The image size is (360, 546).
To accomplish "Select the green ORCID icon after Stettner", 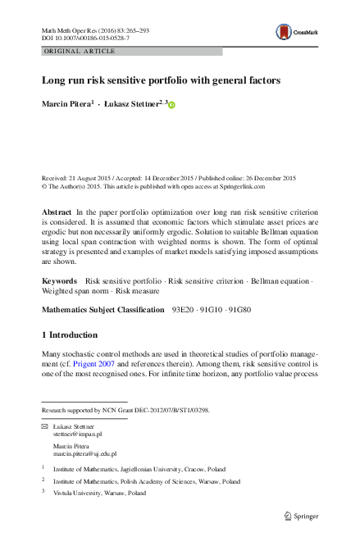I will (x=173, y=104).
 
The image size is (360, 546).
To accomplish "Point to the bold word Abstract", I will (x=56, y=212).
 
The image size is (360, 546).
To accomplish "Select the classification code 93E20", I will (x=181, y=309).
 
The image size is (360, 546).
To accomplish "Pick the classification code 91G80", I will (x=238, y=309).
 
